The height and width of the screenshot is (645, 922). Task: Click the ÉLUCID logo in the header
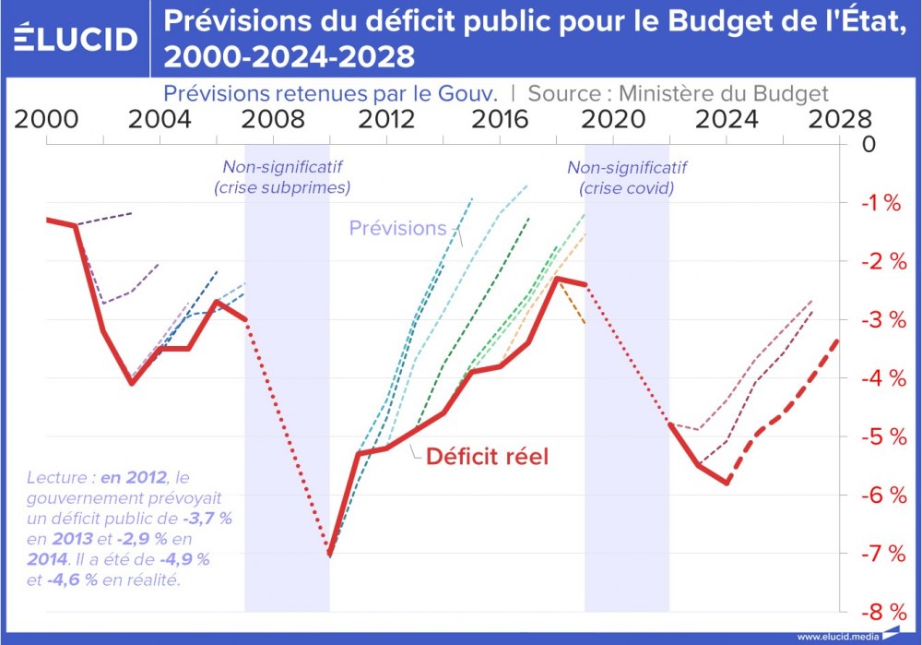tap(77, 39)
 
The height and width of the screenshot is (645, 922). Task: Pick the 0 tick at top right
tap(869, 145)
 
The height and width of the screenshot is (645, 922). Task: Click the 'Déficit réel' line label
tap(487, 457)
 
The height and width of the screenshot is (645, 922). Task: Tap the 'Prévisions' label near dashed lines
tap(397, 228)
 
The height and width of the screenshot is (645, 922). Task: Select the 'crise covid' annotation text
tap(627, 187)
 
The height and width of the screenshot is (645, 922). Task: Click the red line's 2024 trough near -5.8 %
tap(727, 483)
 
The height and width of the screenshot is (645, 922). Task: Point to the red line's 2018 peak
tap(557, 278)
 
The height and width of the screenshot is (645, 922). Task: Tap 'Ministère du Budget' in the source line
tap(723, 93)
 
